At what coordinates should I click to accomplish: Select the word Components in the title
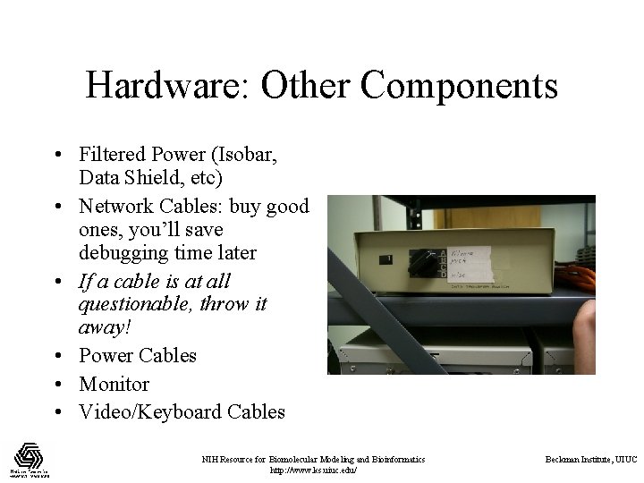point(460,86)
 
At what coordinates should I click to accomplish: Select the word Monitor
point(114,384)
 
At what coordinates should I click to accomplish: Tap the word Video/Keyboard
point(143,412)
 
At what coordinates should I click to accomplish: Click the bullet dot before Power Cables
point(55,356)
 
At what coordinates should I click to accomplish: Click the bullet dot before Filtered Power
point(55,156)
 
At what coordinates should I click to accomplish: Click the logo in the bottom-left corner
point(29,460)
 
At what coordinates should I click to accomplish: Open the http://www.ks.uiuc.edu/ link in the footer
point(313,470)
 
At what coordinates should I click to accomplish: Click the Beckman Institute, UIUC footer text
point(591,460)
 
